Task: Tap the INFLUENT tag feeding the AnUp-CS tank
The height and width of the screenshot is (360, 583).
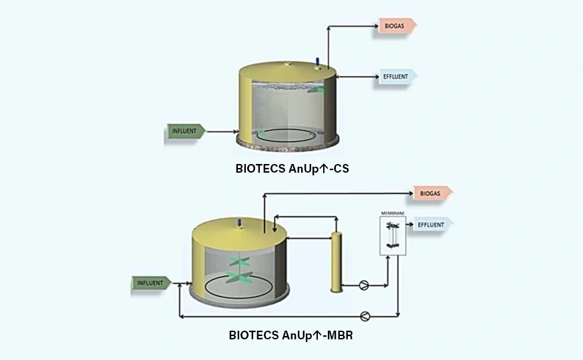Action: (x=185, y=131)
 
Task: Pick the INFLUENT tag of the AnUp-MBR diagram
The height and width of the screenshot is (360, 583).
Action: (x=149, y=283)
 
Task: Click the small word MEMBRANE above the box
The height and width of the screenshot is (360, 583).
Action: (x=393, y=213)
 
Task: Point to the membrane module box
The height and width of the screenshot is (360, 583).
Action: (x=393, y=235)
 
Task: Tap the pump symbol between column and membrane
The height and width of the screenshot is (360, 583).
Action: (x=364, y=285)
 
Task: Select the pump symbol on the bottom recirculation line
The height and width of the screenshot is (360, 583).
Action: (x=365, y=315)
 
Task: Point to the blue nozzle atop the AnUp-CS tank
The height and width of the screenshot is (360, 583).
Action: (x=318, y=62)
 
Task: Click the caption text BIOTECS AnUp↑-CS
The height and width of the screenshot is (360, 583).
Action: (x=292, y=169)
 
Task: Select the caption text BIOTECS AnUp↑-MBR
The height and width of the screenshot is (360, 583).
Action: (x=291, y=335)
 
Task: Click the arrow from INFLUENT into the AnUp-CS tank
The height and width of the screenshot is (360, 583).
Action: (x=222, y=131)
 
